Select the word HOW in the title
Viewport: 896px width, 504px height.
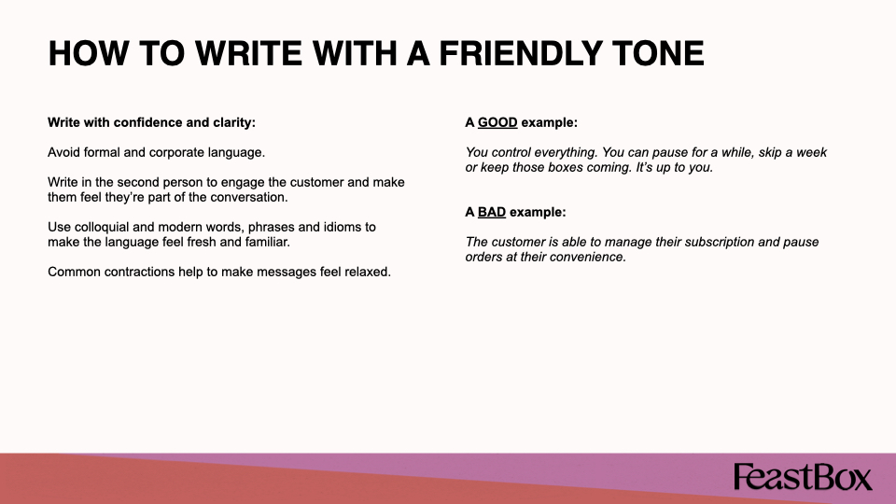(x=89, y=54)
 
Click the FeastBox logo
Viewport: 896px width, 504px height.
(x=803, y=477)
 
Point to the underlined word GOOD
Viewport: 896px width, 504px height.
(x=497, y=122)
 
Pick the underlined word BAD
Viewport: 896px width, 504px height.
(x=492, y=212)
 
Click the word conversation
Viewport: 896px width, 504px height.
(x=249, y=197)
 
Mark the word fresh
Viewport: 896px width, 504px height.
(x=202, y=242)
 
